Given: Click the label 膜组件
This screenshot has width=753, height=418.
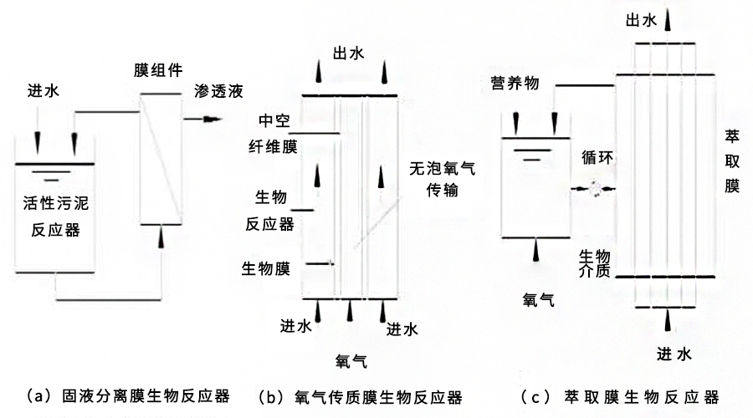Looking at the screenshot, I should pos(158,69).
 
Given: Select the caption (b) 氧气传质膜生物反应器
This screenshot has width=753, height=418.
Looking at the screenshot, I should pos(361,395).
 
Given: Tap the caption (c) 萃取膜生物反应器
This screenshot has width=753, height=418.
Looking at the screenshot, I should pos(619,395).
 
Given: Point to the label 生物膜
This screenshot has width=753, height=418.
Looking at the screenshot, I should pos(266,269).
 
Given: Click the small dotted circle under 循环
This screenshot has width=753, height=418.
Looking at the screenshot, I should pos(597,189).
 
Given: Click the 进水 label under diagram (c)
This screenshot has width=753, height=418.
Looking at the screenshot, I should pos(674,354).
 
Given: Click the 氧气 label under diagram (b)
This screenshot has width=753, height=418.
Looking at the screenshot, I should pos(351,360).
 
